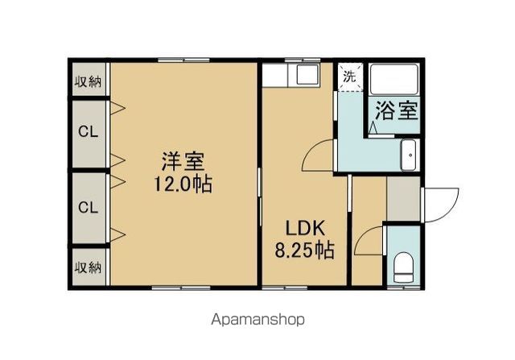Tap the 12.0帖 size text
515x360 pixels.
pyautogui.click(x=183, y=184)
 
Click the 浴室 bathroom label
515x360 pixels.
pyautogui.click(x=394, y=110)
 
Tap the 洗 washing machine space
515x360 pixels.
pyautogui.click(x=348, y=77)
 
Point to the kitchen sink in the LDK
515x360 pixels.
pyautogui.click(x=308, y=75)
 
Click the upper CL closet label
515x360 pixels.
pyautogui.click(x=88, y=132)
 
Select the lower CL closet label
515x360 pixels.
pyautogui.click(x=88, y=207)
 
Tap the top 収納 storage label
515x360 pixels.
pyautogui.click(x=88, y=81)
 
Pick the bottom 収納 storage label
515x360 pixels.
pyautogui.click(x=88, y=267)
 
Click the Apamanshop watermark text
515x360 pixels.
pyautogui.click(x=257, y=320)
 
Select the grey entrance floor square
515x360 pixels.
pyautogui.click(x=402, y=198)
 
